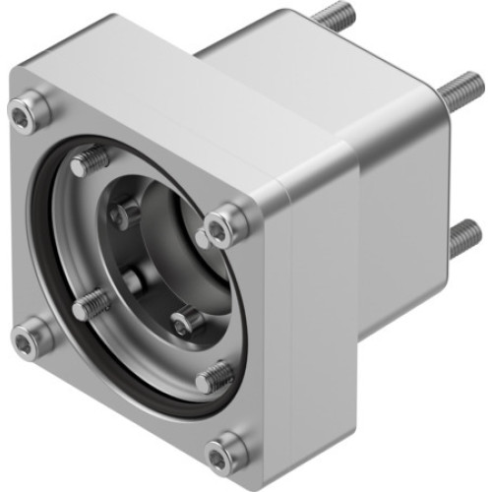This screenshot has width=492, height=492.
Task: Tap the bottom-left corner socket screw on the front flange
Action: click(x=34, y=335)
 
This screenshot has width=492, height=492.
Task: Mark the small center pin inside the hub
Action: click(x=132, y=280)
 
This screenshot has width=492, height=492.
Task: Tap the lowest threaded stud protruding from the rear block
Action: click(x=464, y=237)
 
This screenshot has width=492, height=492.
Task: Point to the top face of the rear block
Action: click(x=315, y=69)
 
